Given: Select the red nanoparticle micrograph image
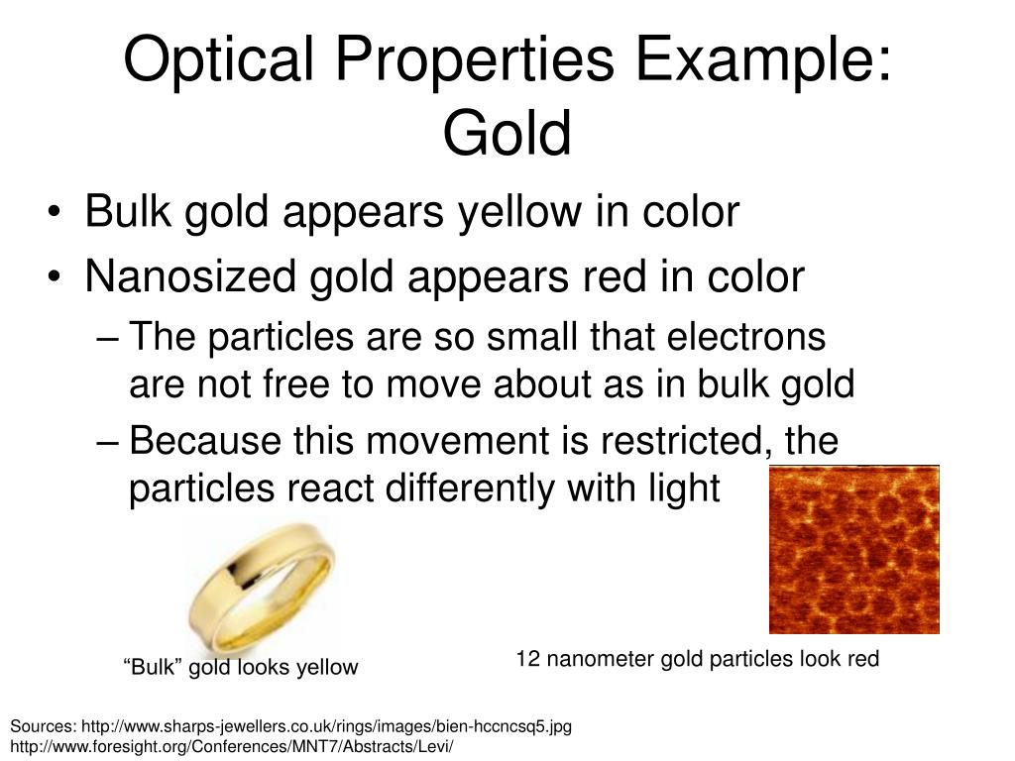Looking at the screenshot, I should click(x=853, y=549).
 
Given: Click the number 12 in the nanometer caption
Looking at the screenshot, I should click(x=527, y=659).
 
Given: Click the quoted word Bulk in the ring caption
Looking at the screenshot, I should click(x=154, y=667).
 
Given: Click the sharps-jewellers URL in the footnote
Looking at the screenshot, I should click(x=327, y=726).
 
